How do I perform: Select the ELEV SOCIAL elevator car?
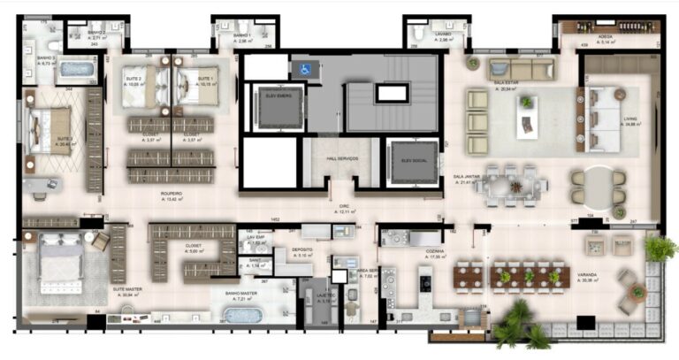pyautogui.click(x=413, y=160)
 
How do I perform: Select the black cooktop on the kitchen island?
pyautogui.click(x=424, y=281)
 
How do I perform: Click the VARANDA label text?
pyautogui.click(x=587, y=274)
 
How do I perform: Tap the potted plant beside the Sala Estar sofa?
pyautogui.click(x=472, y=63)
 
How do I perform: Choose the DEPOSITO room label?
pyautogui.click(x=303, y=250)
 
